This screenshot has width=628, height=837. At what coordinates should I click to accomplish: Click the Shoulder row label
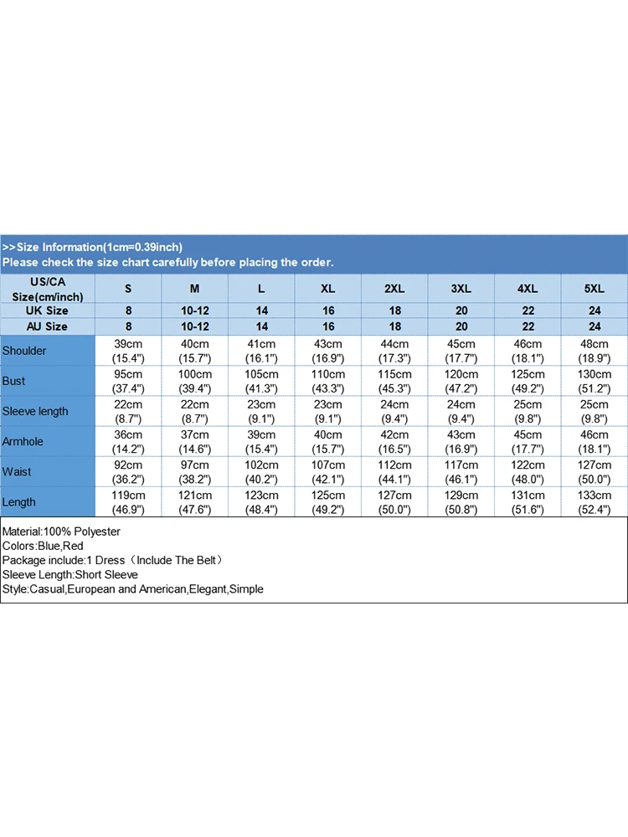coord(25,351)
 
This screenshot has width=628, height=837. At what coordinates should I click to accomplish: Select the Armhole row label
coord(23,441)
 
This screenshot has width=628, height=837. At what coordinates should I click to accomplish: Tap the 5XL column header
coord(595,288)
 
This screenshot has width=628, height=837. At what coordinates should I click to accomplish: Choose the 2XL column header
coord(394,288)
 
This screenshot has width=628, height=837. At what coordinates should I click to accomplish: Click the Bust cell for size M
coord(195,381)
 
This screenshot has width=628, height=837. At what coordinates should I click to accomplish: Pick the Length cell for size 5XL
coord(595,501)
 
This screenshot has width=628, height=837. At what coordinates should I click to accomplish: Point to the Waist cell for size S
coord(128,471)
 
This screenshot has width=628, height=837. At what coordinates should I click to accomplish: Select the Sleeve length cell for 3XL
coord(461,411)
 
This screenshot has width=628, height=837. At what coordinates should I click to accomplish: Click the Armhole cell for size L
coord(261,441)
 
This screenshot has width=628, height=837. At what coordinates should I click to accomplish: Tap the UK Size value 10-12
coord(195,311)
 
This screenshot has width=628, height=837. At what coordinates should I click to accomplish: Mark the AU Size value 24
coord(595,326)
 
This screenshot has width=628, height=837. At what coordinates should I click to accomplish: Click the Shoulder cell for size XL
coord(328,351)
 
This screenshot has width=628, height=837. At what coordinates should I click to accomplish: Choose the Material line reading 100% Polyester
coord(62,531)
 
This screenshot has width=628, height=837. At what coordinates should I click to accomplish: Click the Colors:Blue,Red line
coord(43,546)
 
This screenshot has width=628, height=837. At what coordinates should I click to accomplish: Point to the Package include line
coord(111,560)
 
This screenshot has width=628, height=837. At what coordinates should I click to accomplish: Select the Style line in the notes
coord(133,588)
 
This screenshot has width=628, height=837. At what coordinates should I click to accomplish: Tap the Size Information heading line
coord(93,247)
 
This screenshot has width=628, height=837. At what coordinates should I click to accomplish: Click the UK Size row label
coord(47,311)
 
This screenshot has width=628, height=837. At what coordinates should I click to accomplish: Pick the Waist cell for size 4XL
coord(528,471)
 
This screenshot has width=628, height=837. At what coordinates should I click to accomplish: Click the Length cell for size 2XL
coord(394,501)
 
